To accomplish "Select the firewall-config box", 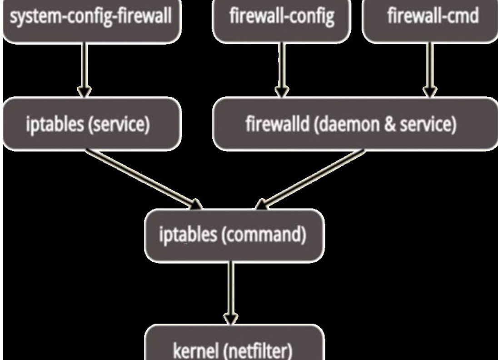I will (x=282, y=18).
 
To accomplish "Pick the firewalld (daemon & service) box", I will (x=354, y=124).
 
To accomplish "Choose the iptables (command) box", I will (x=234, y=235).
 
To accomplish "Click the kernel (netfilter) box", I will (x=234, y=345).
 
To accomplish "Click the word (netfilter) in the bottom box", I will (x=259, y=351).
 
